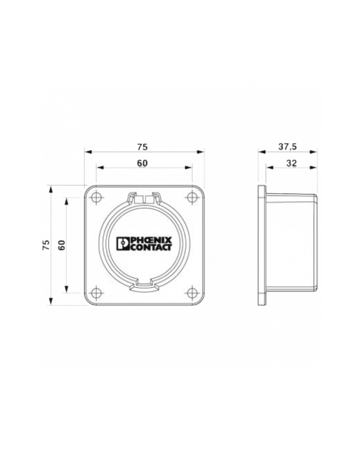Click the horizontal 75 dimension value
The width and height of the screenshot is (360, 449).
(x=142, y=147)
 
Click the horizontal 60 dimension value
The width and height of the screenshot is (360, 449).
(x=142, y=163)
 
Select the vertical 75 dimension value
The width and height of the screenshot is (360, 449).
(x=46, y=245)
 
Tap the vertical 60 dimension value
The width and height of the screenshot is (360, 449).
(x=62, y=245)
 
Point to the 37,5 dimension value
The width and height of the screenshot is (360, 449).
(x=288, y=147)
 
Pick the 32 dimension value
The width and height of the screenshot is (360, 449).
(x=291, y=163)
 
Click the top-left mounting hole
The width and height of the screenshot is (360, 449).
(x=96, y=197)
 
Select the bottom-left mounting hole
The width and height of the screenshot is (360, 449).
(x=96, y=293)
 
